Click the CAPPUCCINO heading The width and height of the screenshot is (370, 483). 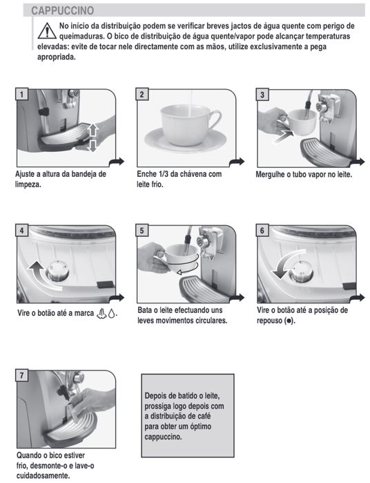point(63,10)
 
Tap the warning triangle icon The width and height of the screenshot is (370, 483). point(47,31)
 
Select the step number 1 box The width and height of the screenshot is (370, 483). point(21,94)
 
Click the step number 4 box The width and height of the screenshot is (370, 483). point(21,230)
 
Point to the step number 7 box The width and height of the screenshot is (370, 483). point(21,375)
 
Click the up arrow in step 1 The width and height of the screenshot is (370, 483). point(93,129)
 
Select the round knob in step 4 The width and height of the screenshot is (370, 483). point(57,271)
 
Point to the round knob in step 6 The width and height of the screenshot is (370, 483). point(302,272)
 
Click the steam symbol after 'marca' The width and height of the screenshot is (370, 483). point(101,313)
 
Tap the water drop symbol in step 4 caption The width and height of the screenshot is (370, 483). point(112,314)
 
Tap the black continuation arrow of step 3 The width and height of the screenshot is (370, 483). point(358,161)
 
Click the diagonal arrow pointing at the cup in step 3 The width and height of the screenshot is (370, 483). point(284,136)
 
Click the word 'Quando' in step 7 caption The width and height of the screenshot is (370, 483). point(28,455)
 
